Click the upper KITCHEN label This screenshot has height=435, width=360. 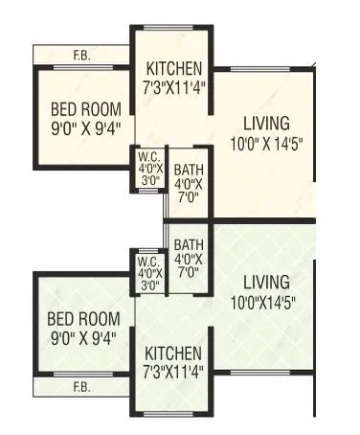(x=173, y=68)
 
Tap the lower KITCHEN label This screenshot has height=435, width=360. (x=173, y=354)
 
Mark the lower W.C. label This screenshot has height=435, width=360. (x=148, y=261)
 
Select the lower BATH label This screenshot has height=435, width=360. (x=188, y=243)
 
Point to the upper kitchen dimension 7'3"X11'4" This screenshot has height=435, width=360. (x=173, y=86)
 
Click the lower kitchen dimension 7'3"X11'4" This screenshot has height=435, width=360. (x=173, y=372)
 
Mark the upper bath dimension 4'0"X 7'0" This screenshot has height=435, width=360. (x=188, y=190)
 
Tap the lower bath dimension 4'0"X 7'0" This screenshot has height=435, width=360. (x=188, y=264)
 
